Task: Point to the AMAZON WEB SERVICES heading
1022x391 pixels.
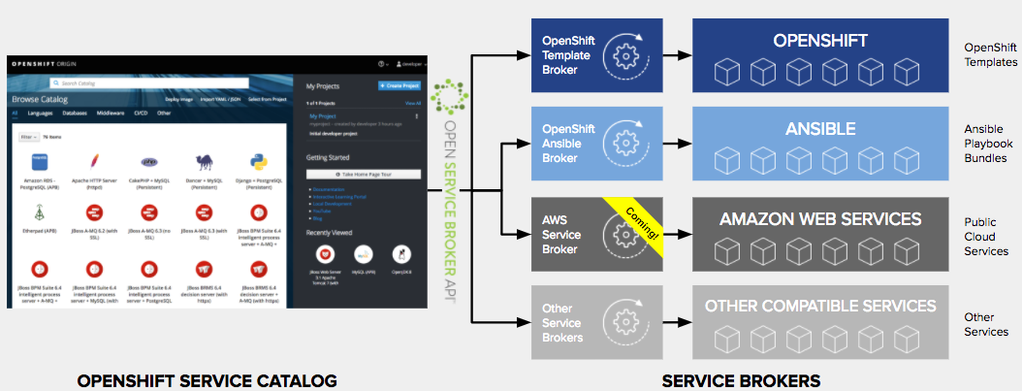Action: pyautogui.click(x=819, y=219)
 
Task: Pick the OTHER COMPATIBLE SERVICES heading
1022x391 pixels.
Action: pyautogui.click(x=819, y=307)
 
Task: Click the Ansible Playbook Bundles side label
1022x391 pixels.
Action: pyautogui.click(x=991, y=144)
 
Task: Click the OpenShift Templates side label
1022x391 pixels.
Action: pyautogui.click(x=991, y=54)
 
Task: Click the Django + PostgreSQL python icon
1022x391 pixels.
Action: pyautogui.click(x=257, y=161)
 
